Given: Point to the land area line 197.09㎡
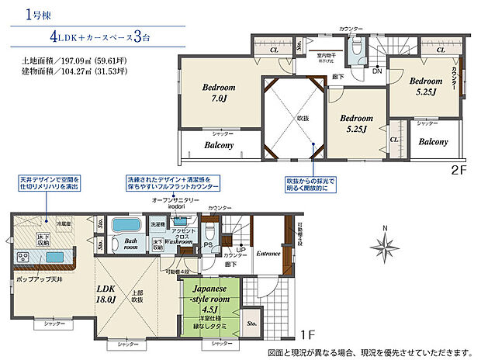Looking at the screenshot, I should pos(72,59).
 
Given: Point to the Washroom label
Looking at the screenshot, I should pos(178,241).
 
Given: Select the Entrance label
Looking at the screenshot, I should pos(268,252).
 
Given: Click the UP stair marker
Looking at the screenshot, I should pos(228,250).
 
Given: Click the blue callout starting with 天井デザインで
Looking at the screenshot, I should pos(50,185).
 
